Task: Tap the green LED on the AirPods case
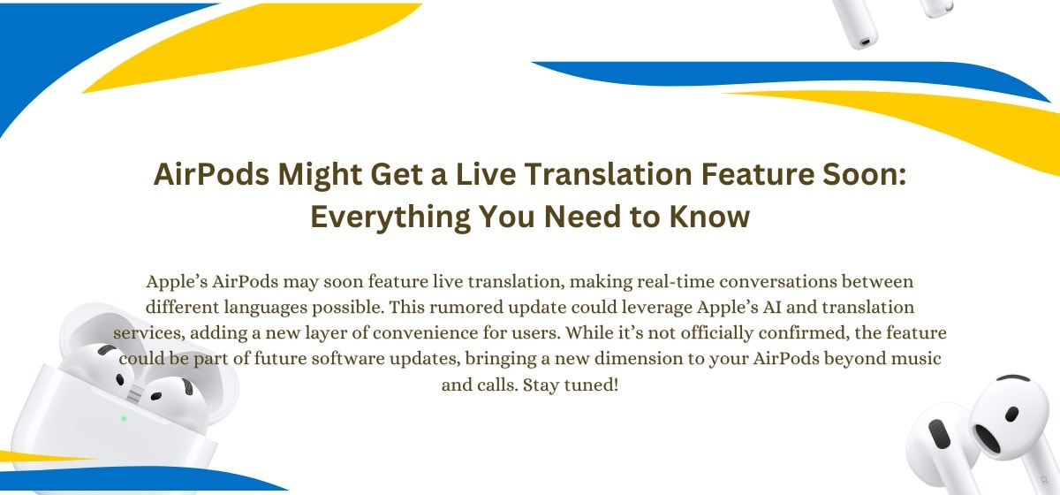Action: click(x=123, y=418)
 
